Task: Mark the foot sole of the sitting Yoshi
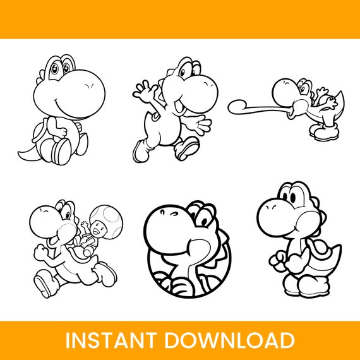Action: [62, 150]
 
